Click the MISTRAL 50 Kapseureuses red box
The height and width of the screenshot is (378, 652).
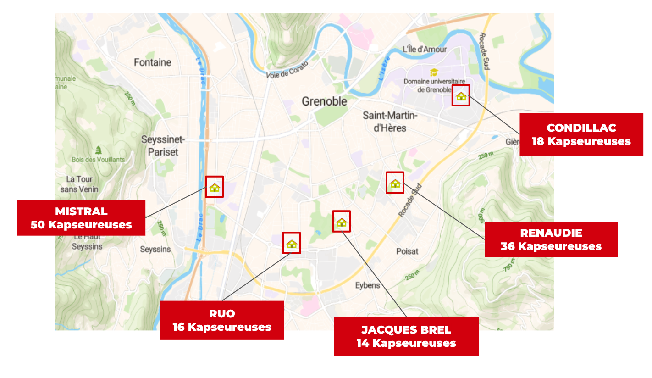[x=81, y=218]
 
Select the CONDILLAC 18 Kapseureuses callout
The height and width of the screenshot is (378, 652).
[x=581, y=134]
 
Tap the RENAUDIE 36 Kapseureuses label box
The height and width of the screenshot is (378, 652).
[x=551, y=239]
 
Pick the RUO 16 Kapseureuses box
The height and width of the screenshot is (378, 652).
[x=222, y=320]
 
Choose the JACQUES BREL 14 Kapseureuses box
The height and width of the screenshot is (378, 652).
[x=406, y=336]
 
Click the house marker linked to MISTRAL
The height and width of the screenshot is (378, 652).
[x=215, y=187]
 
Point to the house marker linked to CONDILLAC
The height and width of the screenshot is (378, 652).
[x=461, y=96]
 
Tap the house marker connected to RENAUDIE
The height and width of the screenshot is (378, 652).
[x=395, y=183]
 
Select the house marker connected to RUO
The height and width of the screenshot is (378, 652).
[x=292, y=243]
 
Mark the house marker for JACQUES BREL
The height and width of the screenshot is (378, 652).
[x=341, y=222]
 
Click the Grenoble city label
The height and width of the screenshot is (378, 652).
[x=324, y=101]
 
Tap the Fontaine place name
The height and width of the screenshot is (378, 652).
[x=152, y=62]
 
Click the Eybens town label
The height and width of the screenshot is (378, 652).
[x=367, y=285]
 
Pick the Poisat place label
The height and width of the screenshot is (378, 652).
[x=407, y=251]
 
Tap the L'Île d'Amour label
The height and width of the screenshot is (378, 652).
[x=424, y=50]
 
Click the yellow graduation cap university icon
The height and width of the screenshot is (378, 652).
[x=433, y=72]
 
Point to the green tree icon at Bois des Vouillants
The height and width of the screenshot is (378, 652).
[x=98, y=150]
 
